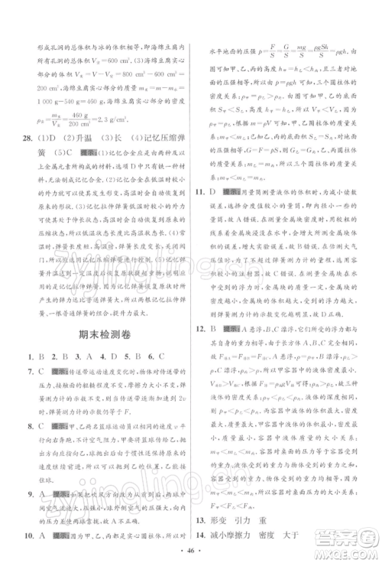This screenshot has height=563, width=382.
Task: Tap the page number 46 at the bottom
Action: pos(191,548)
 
